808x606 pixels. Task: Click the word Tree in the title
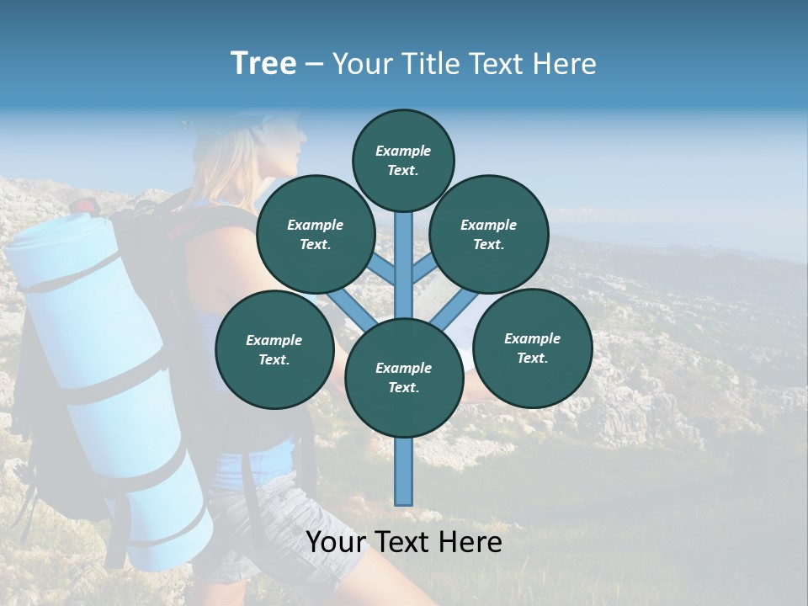click(263, 64)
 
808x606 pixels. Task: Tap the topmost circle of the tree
click(403, 160)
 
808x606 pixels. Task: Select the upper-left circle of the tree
click(316, 234)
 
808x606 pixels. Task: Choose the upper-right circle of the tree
click(489, 234)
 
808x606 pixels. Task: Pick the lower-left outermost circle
click(274, 349)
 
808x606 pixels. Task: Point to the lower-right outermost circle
click(533, 348)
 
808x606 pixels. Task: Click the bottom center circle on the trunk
click(404, 378)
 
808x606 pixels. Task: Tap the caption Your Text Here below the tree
click(404, 542)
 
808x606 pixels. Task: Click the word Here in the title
click(566, 64)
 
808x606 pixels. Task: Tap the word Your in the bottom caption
click(338, 542)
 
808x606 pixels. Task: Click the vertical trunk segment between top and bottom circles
click(404, 261)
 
